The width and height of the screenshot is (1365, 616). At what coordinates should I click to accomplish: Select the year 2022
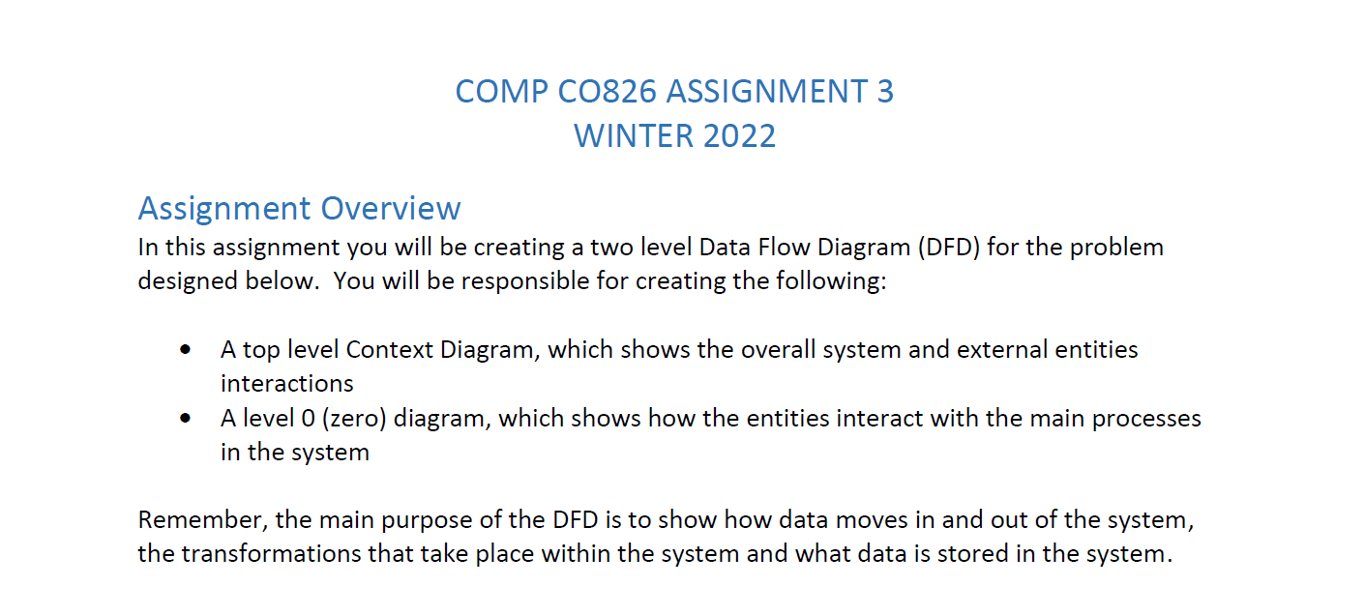click(x=739, y=135)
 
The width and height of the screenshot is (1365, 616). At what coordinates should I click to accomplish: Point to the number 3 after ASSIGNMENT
click(x=884, y=91)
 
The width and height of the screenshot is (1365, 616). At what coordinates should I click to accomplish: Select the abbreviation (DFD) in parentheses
click(x=945, y=247)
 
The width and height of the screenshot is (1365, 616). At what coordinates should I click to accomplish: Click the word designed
click(x=185, y=281)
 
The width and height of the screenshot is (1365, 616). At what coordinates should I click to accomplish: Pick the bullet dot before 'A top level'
click(x=185, y=349)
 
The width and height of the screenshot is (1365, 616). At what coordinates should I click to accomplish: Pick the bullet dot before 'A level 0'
click(x=185, y=419)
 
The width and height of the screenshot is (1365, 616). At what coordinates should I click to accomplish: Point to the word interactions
click(x=287, y=384)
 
